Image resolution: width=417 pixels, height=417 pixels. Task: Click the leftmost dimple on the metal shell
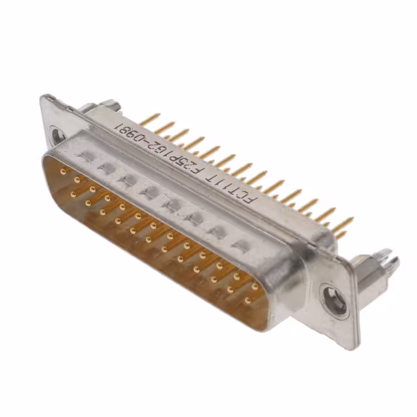85,156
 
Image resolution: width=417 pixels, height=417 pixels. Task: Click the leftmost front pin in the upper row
63,171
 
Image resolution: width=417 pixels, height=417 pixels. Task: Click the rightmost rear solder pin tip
352,220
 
